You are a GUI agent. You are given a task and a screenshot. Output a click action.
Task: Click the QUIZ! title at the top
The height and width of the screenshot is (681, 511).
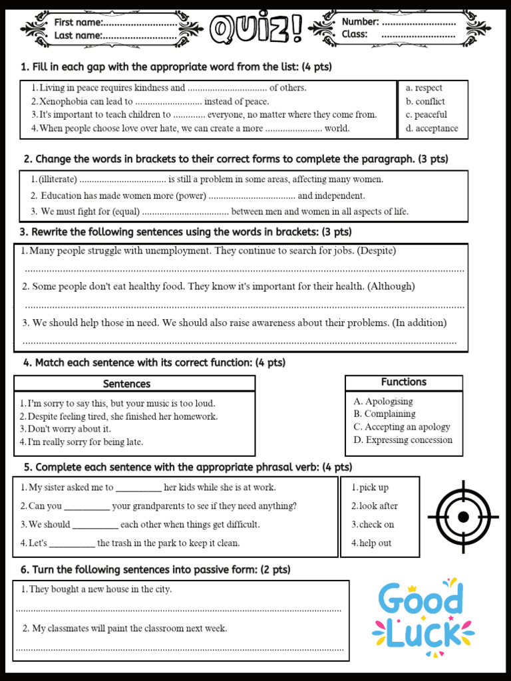[x=256, y=29]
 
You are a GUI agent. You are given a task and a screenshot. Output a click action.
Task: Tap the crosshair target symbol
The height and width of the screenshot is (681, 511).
[x=463, y=517]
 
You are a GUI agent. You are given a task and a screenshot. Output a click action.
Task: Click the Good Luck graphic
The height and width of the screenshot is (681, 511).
[x=423, y=618]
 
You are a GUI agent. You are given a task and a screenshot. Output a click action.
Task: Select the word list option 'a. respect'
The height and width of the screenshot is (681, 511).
[x=424, y=88]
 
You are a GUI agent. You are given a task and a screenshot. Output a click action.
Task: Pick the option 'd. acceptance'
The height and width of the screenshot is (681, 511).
[x=432, y=128]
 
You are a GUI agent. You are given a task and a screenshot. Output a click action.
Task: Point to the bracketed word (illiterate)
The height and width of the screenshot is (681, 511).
[x=58, y=180]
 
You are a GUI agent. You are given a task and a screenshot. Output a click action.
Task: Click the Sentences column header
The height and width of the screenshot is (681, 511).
[x=126, y=384]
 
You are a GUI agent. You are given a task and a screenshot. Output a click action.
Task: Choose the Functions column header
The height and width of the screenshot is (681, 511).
[x=403, y=382]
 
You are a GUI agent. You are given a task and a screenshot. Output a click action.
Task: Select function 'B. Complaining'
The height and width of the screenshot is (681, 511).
[x=385, y=414]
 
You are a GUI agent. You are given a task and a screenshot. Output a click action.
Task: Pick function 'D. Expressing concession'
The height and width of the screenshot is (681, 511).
[x=403, y=440]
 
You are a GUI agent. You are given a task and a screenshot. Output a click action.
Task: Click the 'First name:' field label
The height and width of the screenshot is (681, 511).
[x=79, y=23]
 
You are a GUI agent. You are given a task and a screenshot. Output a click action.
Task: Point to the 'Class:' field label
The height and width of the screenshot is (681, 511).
[x=355, y=35]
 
